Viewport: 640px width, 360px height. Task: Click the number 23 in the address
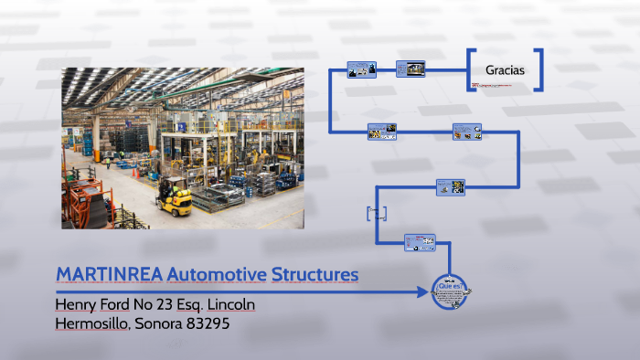[x=171, y=303]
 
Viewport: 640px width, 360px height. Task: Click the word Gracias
[x=506, y=69]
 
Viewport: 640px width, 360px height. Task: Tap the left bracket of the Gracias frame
[x=472, y=69]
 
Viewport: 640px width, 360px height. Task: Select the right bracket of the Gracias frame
[x=539, y=69]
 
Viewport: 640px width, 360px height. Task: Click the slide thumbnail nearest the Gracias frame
[x=411, y=69]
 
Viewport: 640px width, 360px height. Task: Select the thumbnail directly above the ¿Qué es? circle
[x=420, y=242]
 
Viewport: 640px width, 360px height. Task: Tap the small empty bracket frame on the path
[x=377, y=213]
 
